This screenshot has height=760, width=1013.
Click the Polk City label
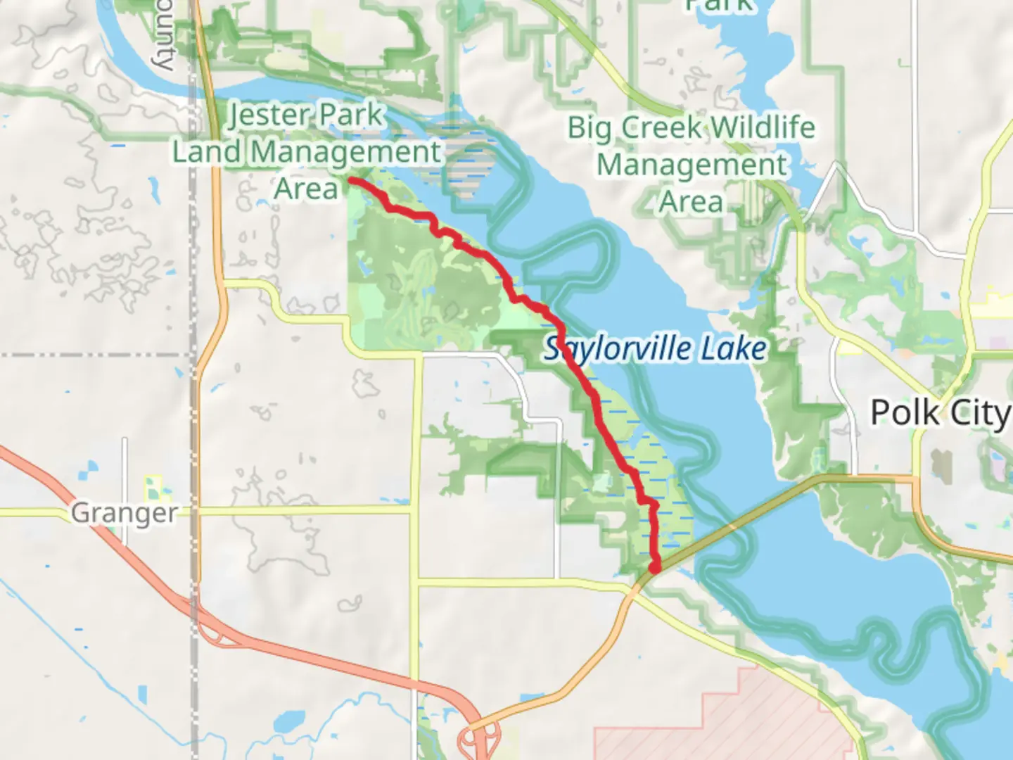point(941,413)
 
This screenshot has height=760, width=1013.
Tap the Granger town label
point(125,513)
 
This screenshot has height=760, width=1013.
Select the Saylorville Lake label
point(655,349)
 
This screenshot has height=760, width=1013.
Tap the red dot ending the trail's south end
point(654,567)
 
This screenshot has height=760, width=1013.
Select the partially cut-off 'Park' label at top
point(720,6)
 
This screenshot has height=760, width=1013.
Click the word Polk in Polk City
point(905,413)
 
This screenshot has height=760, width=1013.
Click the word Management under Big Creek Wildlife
point(692,165)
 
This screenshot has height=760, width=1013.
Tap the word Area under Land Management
point(306,189)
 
